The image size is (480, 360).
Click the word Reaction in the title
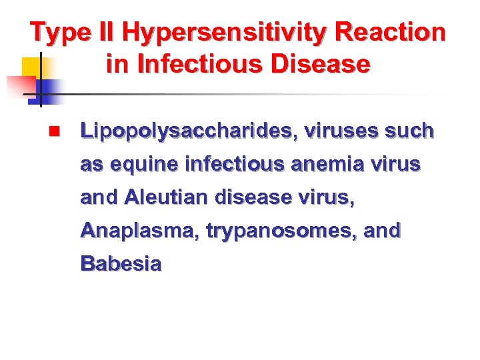pyautogui.click(x=391, y=32)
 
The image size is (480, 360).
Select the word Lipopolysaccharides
pyautogui.click(x=187, y=131)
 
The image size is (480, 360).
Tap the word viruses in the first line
pyautogui.click(x=342, y=131)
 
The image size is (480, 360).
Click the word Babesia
pyautogui.click(x=121, y=264)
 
